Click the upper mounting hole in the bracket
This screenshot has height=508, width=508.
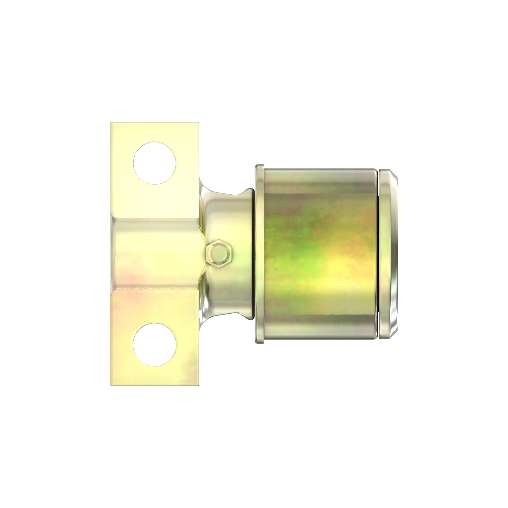(x=154, y=163)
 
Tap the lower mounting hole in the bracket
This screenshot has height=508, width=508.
(x=154, y=344)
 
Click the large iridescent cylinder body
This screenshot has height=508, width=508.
(x=321, y=254)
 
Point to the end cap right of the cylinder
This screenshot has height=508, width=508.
(x=389, y=254)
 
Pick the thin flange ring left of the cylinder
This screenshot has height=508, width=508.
(x=260, y=254)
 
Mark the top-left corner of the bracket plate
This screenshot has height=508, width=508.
(x=111, y=123)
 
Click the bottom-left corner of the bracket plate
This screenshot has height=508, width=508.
(x=111, y=385)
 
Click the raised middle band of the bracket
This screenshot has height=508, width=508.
(x=155, y=254)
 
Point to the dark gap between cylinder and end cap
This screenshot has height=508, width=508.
(x=378, y=254)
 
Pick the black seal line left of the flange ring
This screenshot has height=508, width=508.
(x=254, y=254)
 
